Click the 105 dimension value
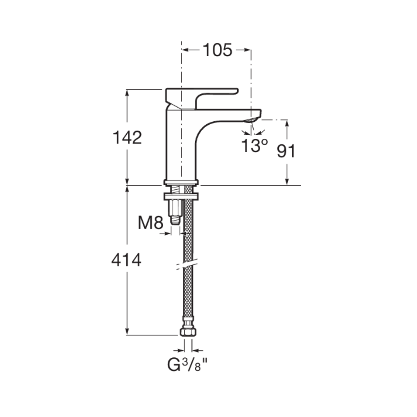click(217, 50)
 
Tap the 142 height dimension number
click(127, 138)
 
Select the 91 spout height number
click(286, 151)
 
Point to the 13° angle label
click(254, 146)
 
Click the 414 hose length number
click(126, 260)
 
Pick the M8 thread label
click(150, 223)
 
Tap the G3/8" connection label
click(187, 364)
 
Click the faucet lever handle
click(201, 98)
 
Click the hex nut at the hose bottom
click(188, 332)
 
